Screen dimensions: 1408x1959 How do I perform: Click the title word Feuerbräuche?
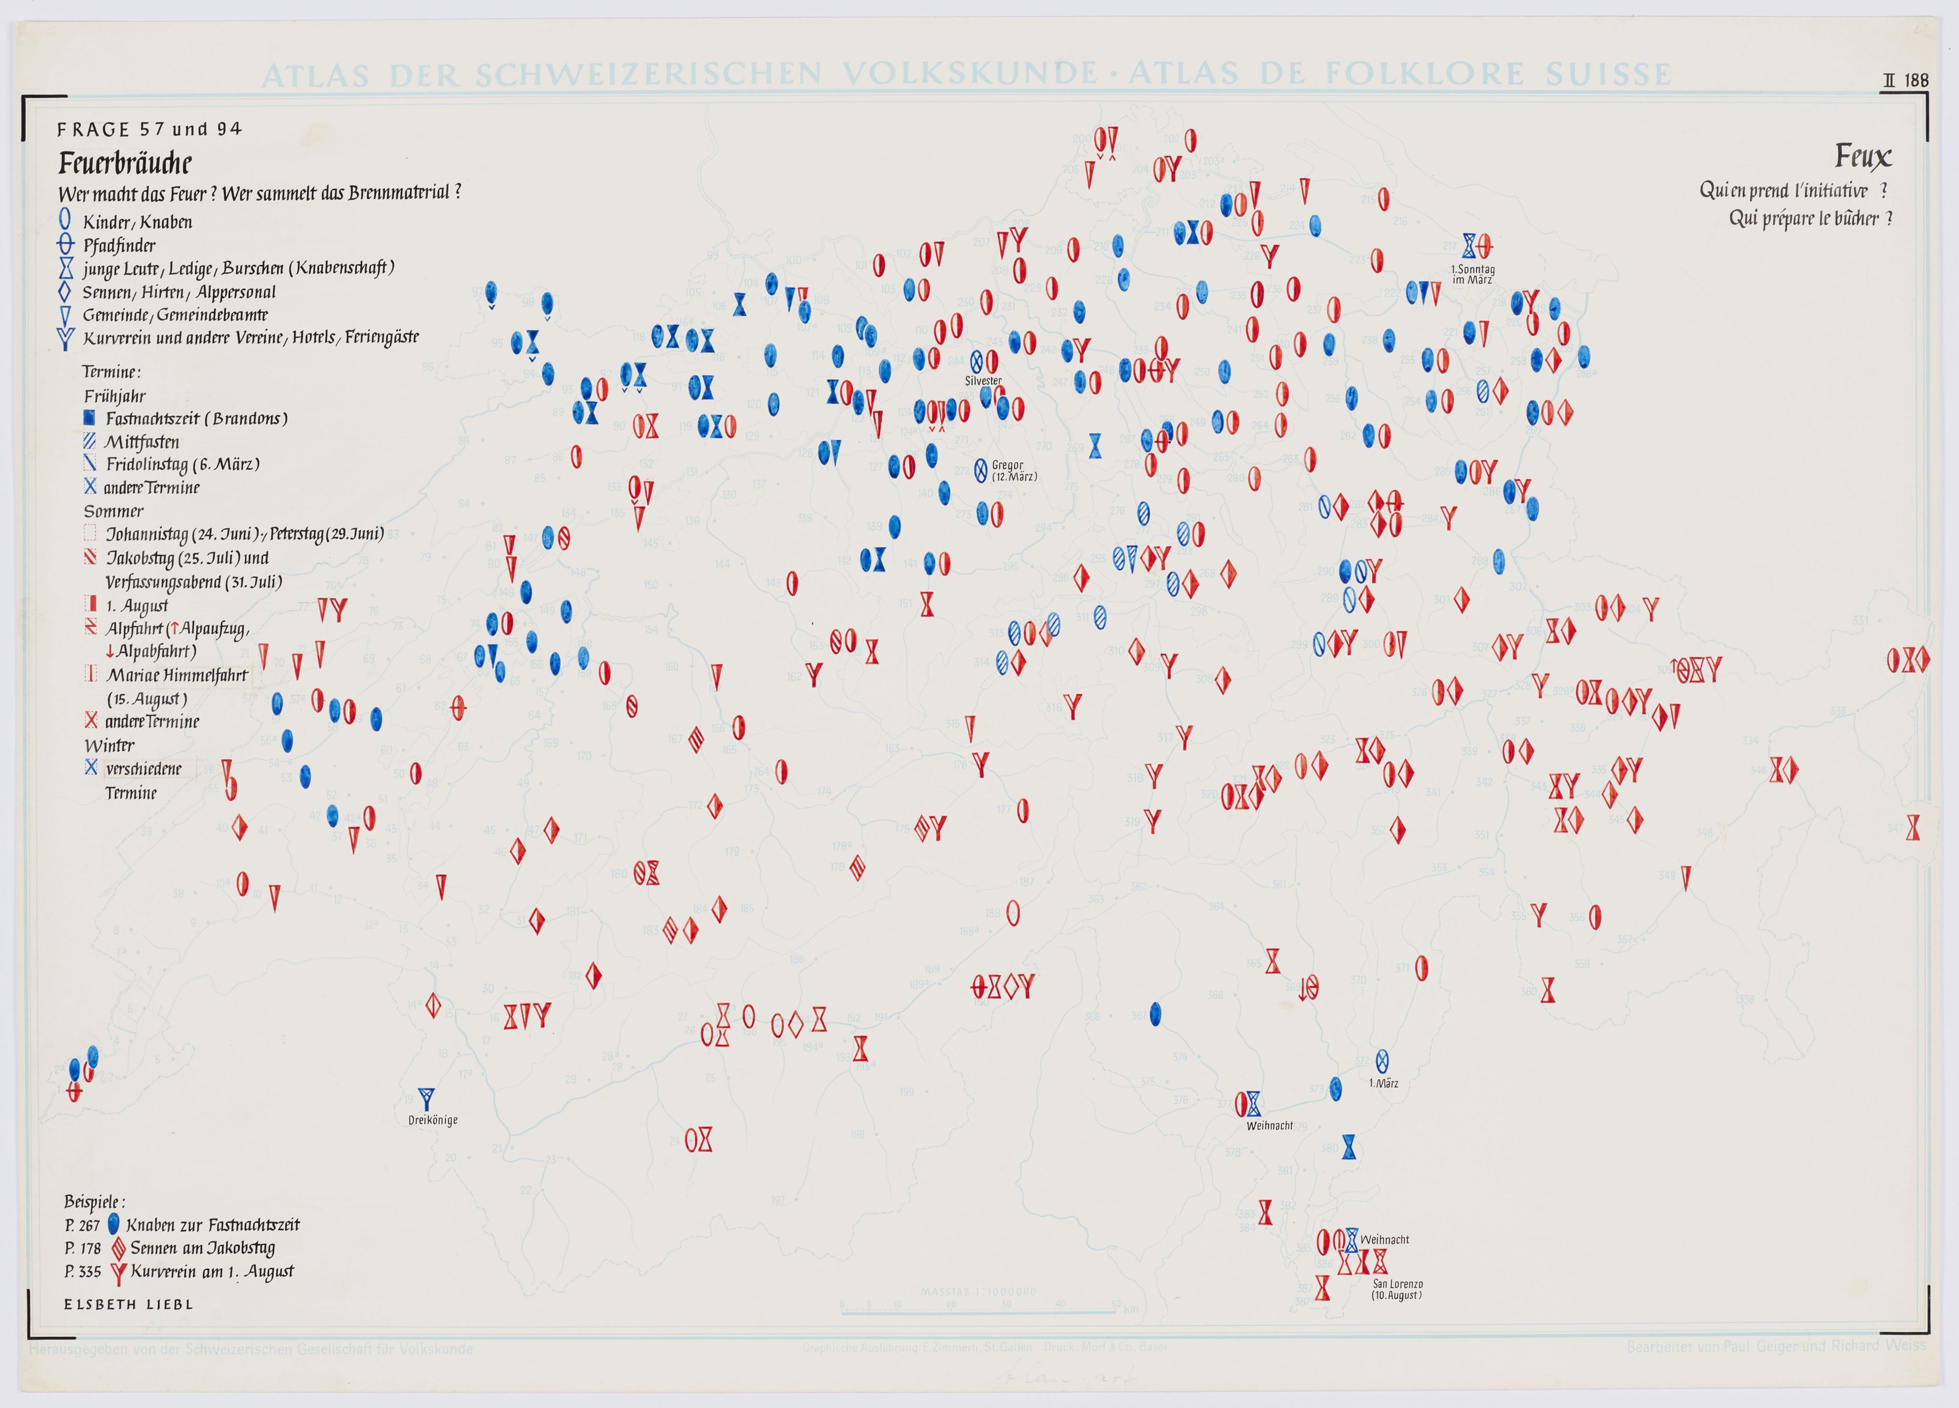tap(125, 163)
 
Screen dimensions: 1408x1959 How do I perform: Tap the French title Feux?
tap(1862, 157)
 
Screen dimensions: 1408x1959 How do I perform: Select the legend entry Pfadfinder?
tap(119, 245)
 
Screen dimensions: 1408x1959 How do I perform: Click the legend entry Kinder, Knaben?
tap(137, 222)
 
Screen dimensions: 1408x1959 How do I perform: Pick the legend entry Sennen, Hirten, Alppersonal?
tap(179, 292)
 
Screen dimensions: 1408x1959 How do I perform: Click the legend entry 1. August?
tap(137, 606)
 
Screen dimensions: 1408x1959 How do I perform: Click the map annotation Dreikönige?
tap(433, 1120)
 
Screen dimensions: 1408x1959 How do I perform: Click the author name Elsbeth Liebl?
tap(129, 1305)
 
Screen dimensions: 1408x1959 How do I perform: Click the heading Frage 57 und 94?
tap(149, 130)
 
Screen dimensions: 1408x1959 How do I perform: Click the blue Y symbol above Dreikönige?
tap(425, 1099)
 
